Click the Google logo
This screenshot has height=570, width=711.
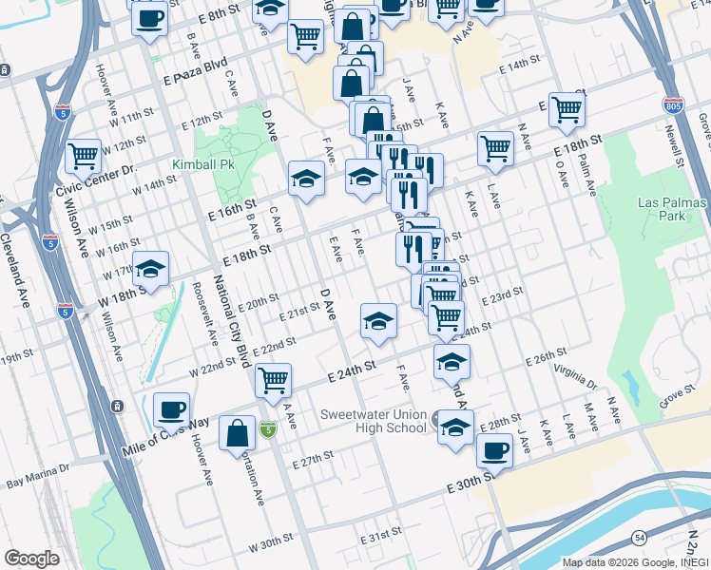coord(32,559)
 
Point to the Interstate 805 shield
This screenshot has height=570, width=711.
coord(672,105)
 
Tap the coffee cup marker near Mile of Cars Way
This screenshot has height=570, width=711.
coord(171,409)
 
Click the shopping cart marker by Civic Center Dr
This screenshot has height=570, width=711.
coord(83,155)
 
